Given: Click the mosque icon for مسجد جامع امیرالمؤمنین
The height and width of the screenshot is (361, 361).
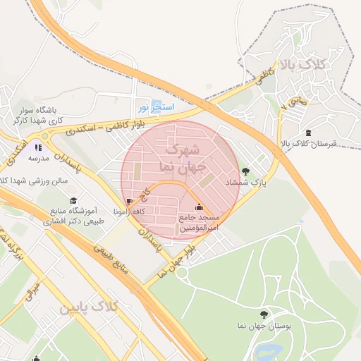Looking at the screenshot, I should point(199,207).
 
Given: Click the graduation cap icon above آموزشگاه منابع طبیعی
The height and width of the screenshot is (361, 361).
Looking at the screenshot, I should point(74,200).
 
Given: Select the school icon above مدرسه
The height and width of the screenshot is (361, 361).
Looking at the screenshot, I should point(37,147).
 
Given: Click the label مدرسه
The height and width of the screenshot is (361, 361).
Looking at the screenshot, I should point(37,159).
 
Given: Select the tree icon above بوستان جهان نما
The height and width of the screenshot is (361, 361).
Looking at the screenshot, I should point(264,314).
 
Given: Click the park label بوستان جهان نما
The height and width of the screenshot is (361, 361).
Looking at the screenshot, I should point(264,326).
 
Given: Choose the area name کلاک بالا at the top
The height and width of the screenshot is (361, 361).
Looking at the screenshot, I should point(305,66).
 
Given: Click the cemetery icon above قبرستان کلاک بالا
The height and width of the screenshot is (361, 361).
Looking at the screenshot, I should point(308,133).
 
